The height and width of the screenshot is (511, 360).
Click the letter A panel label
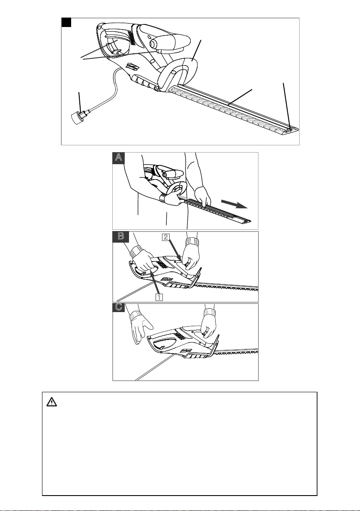[x=119, y=158]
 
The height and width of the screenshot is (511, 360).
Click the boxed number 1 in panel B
[x=159, y=296]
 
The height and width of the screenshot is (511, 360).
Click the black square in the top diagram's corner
[x=66, y=22]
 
